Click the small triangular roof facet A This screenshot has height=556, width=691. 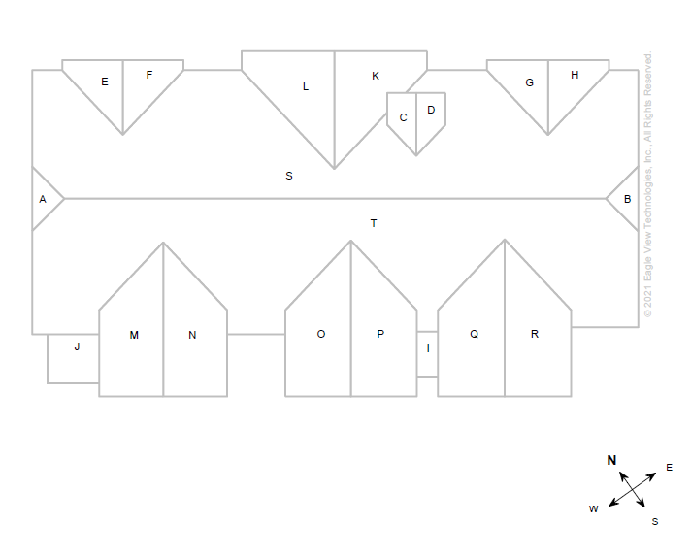click(x=43, y=199)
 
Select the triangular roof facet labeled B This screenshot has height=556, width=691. click(x=627, y=199)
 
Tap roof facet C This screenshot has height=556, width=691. click(x=403, y=117)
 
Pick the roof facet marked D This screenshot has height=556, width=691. click(x=431, y=110)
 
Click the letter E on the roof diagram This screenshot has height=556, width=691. click(x=105, y=82)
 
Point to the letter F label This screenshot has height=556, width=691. click(x=149, y=75)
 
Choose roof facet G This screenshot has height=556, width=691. click(x=529, y=82)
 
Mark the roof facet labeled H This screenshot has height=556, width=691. click(x=575, y=75)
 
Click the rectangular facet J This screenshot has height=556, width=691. click(x=77, y=346)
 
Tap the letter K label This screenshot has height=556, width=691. click(x=376, y=76)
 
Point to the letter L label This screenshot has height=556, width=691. click(x=306, y=86)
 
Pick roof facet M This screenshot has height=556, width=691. click(x=134, y=335)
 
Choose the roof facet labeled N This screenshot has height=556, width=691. click(x=192, y=335)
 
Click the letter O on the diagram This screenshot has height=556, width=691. click(x=321, y=334)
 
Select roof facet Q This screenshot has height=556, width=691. click(x=474, y=334)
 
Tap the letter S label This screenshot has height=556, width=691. click(x=289, y=176)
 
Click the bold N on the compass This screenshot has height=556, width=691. click(x=611, y=460)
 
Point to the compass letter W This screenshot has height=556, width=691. click(x=593, y=508)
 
